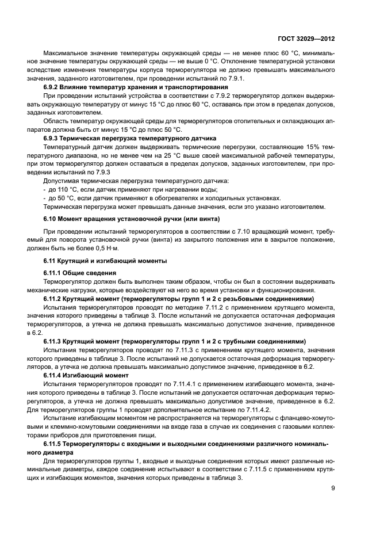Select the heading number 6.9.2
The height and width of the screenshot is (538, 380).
pos(53,86)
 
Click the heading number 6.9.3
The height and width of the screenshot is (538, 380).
pos(53,139)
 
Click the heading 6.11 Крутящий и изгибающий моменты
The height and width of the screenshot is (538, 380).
pos(105,261)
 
